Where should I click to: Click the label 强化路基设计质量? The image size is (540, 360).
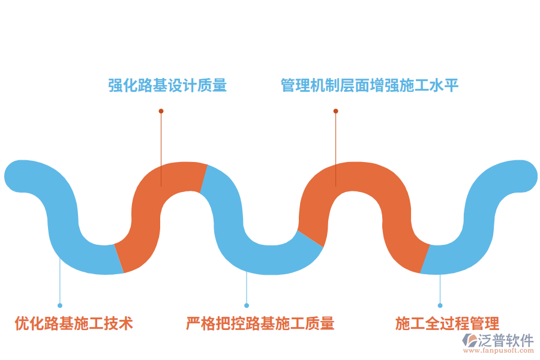[x=167, y=86]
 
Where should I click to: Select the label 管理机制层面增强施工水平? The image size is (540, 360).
[x=370, y=86]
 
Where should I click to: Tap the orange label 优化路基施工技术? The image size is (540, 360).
[x=74, y=324]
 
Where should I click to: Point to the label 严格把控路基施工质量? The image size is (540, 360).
[x=260, y=324]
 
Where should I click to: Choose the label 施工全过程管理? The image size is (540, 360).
[x=447, y=324]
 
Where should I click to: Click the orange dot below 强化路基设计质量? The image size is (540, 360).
[x=161, y=111]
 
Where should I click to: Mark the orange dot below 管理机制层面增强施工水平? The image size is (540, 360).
[x=335, y=111]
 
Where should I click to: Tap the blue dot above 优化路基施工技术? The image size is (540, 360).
[x=60, y=305]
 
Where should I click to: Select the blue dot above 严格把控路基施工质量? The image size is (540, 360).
[x=247, y=305]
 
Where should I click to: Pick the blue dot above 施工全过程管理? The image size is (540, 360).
[x=440, y=305]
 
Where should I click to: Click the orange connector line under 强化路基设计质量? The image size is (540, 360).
[x=161, y=144]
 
